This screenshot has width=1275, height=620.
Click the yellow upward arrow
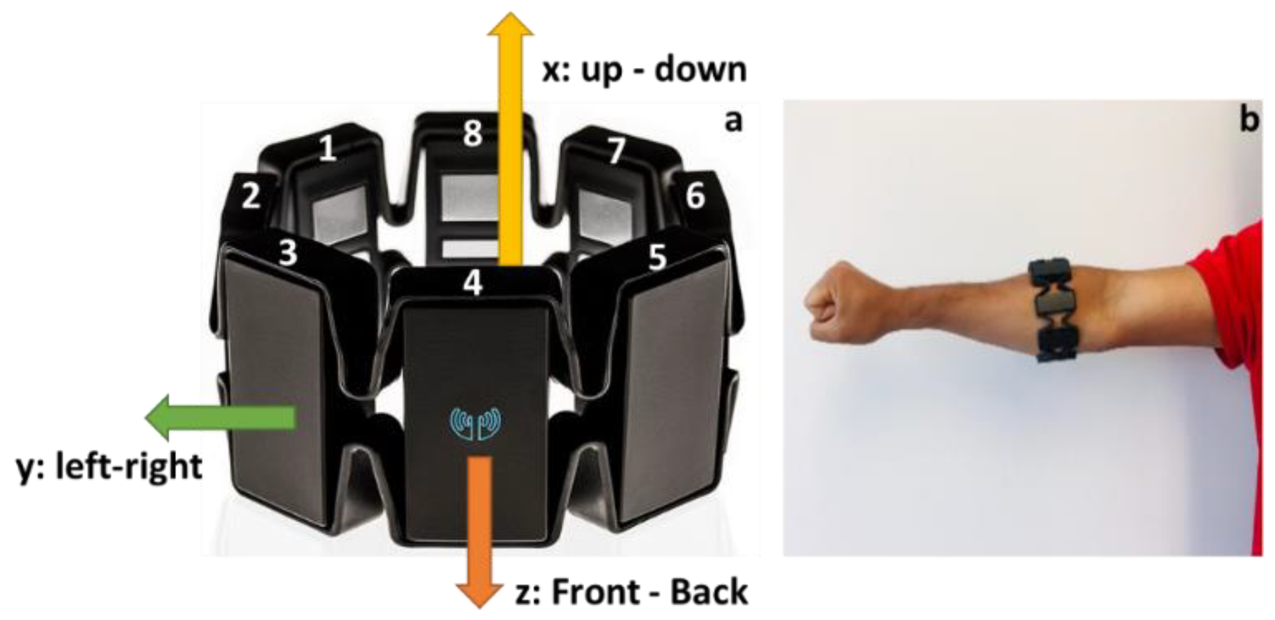tap(510, 140)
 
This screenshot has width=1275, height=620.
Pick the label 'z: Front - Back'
tap(631, 592)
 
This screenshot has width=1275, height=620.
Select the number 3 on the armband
tap(288, 252)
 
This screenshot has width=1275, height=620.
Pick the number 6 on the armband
tap(695, 196)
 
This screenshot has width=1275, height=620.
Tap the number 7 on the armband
tap(617, 150)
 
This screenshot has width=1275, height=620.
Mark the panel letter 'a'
tap(733, 121)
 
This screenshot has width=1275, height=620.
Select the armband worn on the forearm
tap(1054, 311)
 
